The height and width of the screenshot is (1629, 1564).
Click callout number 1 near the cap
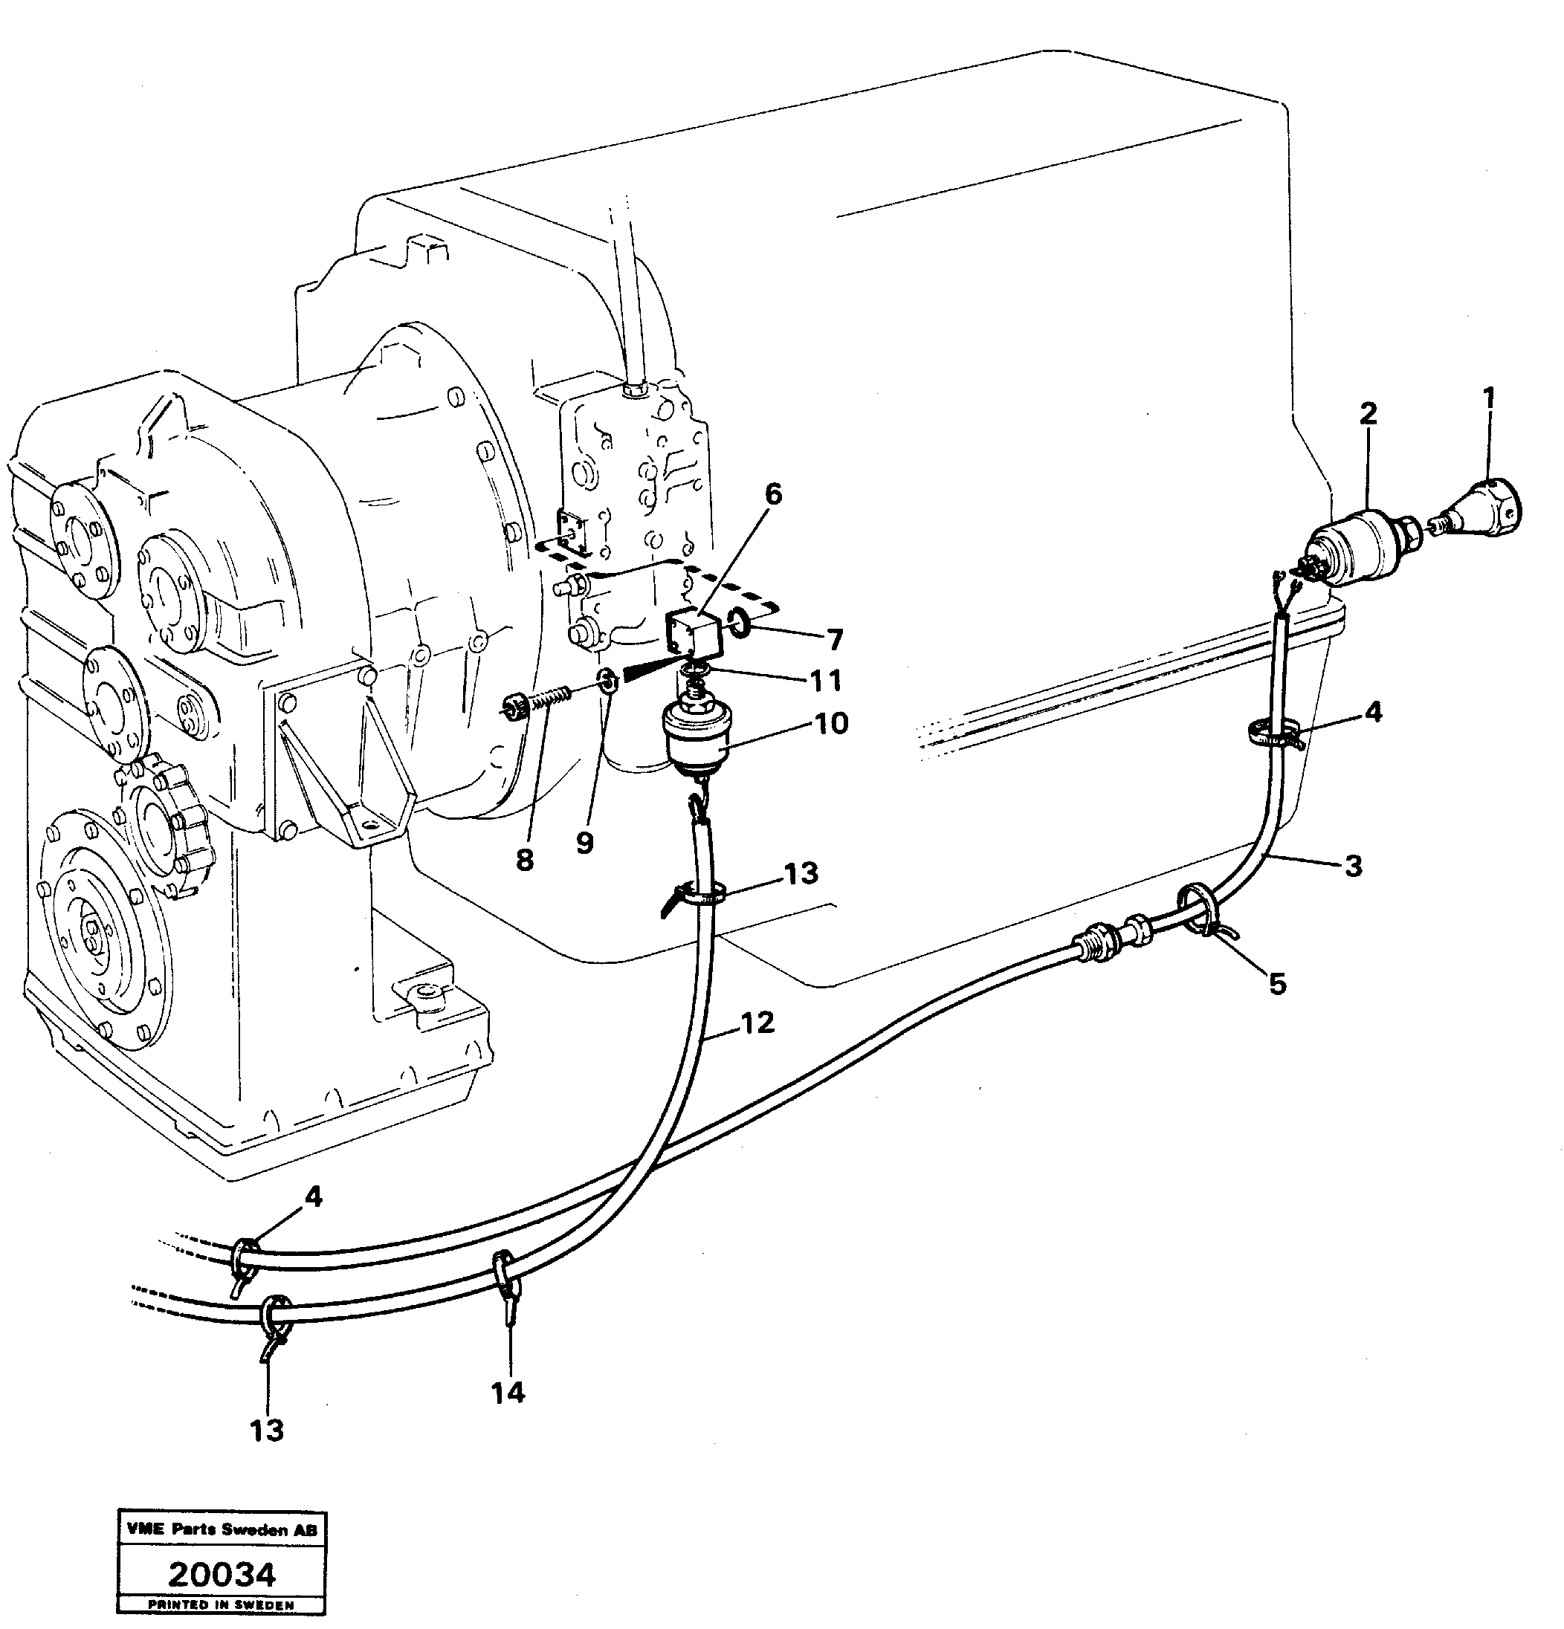tap(1488, 398)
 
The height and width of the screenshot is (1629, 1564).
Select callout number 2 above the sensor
tap(1368, 413)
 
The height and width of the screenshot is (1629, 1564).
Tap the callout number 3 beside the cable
tap(1353, 866)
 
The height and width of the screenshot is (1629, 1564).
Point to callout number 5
tap(1277, 984)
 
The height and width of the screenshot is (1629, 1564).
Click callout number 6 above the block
tap(772, 494)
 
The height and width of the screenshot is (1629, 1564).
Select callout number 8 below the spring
tap(524, 861)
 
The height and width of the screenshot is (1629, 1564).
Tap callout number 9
tap(584, 843)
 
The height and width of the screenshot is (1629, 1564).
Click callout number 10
tap(832, 722)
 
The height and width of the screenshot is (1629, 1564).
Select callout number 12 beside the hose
tap(757, 1023)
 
